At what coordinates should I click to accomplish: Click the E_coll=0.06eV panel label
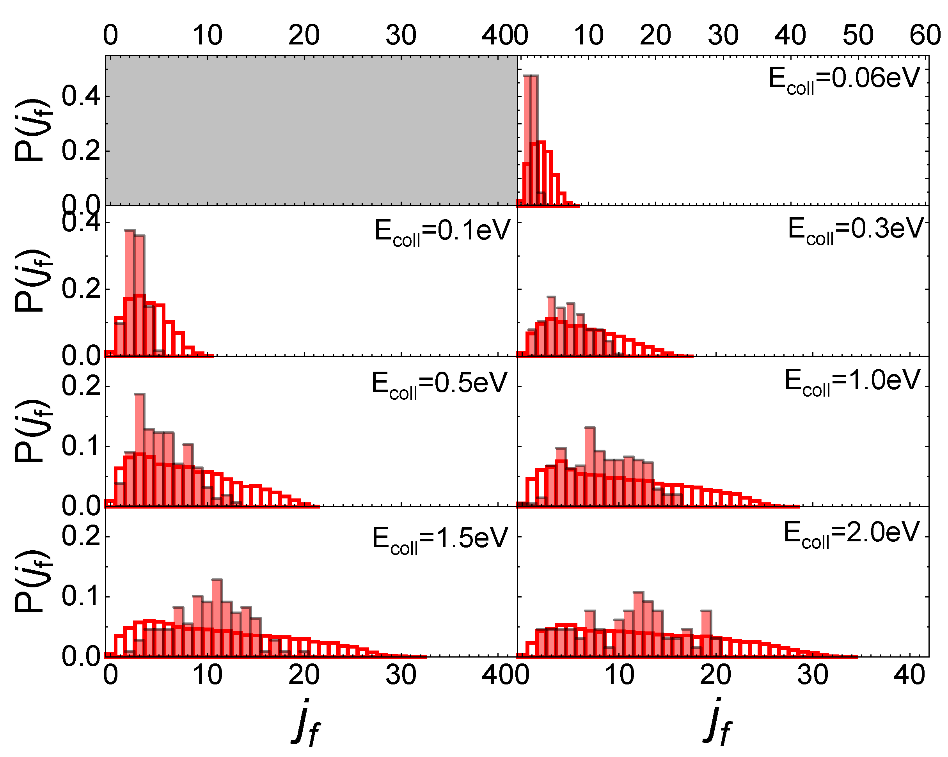click(844, 80)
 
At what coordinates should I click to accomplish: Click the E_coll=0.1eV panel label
click(442, 231)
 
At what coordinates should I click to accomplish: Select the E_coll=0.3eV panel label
click(855, 230)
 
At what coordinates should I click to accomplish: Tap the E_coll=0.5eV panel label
click(439, 384)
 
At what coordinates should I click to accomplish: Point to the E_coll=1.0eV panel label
click(852, 381)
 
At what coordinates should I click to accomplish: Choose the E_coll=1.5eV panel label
click(440, 539)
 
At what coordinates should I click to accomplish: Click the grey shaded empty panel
click(311, 131)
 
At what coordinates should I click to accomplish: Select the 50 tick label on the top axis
click(858, 35)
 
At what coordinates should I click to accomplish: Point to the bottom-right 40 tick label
click(909, 675)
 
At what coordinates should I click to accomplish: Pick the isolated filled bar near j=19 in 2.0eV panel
click(706, 633)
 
